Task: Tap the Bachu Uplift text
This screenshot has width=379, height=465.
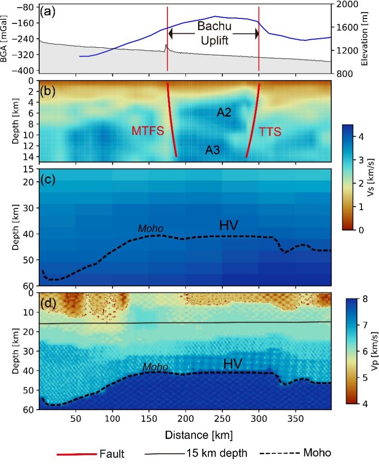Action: pos(215,33)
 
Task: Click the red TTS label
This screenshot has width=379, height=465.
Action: pos(271,131)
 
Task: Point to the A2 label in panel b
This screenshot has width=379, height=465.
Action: pos(224,113)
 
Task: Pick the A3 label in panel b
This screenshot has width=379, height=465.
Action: pos(213,150)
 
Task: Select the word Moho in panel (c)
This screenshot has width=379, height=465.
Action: pos(150,229)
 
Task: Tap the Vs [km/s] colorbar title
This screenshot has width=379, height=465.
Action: pos(373,176)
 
